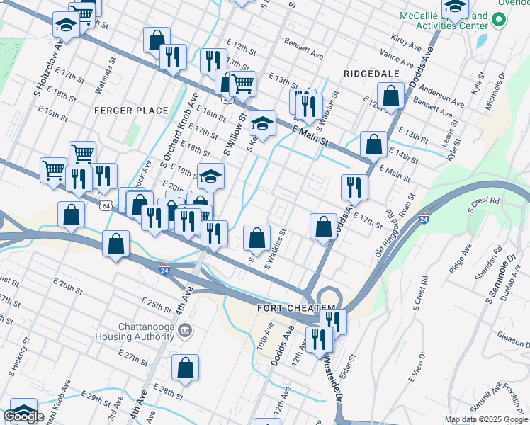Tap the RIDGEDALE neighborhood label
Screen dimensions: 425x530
tap(371, 74)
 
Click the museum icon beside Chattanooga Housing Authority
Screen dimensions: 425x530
tap(184, 330)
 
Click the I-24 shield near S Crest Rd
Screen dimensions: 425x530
tap(423, 220)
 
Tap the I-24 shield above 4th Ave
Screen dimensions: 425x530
tap(164, 270)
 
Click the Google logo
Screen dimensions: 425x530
tap(23, 416)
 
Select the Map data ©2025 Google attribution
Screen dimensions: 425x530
tap(485, 419)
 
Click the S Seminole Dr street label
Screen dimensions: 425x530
tap(499, 279)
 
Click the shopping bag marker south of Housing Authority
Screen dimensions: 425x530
tap(185, 368)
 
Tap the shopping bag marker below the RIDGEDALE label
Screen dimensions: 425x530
tap(390, 95)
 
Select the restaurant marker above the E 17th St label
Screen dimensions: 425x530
tap(354, 187)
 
